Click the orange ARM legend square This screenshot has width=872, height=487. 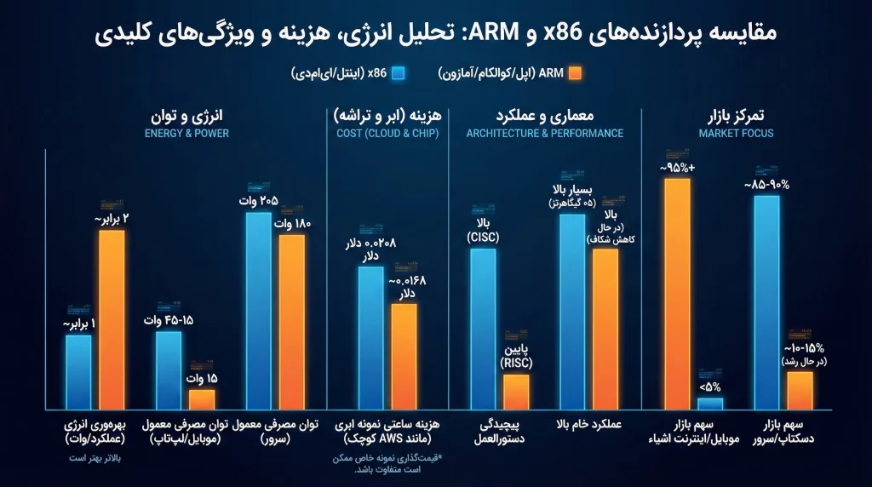point(576,74)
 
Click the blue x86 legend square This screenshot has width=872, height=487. point(398,74)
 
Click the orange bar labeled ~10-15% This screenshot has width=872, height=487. point(800,390)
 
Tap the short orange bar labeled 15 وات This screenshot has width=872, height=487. point(202,398)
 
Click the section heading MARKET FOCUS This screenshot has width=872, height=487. point(736,134)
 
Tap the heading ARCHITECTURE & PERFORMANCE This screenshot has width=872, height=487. point(545,134)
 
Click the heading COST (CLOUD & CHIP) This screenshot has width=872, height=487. point(387,134)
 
